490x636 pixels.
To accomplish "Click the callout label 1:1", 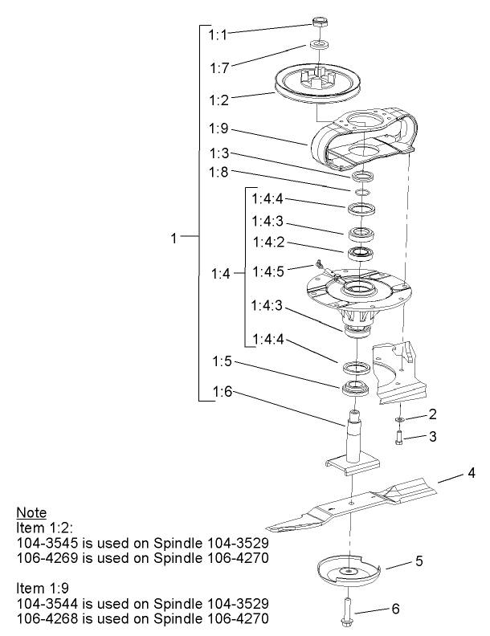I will tap(218, 35).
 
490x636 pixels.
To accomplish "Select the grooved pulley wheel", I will tap(317, 85).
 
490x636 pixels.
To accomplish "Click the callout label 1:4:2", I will tap(267, 242).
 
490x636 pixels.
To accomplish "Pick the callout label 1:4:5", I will tap(267, 271).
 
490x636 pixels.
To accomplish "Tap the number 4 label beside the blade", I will tap(472, 474).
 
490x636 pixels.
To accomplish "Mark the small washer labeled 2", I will tap(399, 419).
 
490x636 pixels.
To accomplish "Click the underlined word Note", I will tap(31, 513).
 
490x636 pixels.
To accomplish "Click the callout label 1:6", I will tap(223, 391).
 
